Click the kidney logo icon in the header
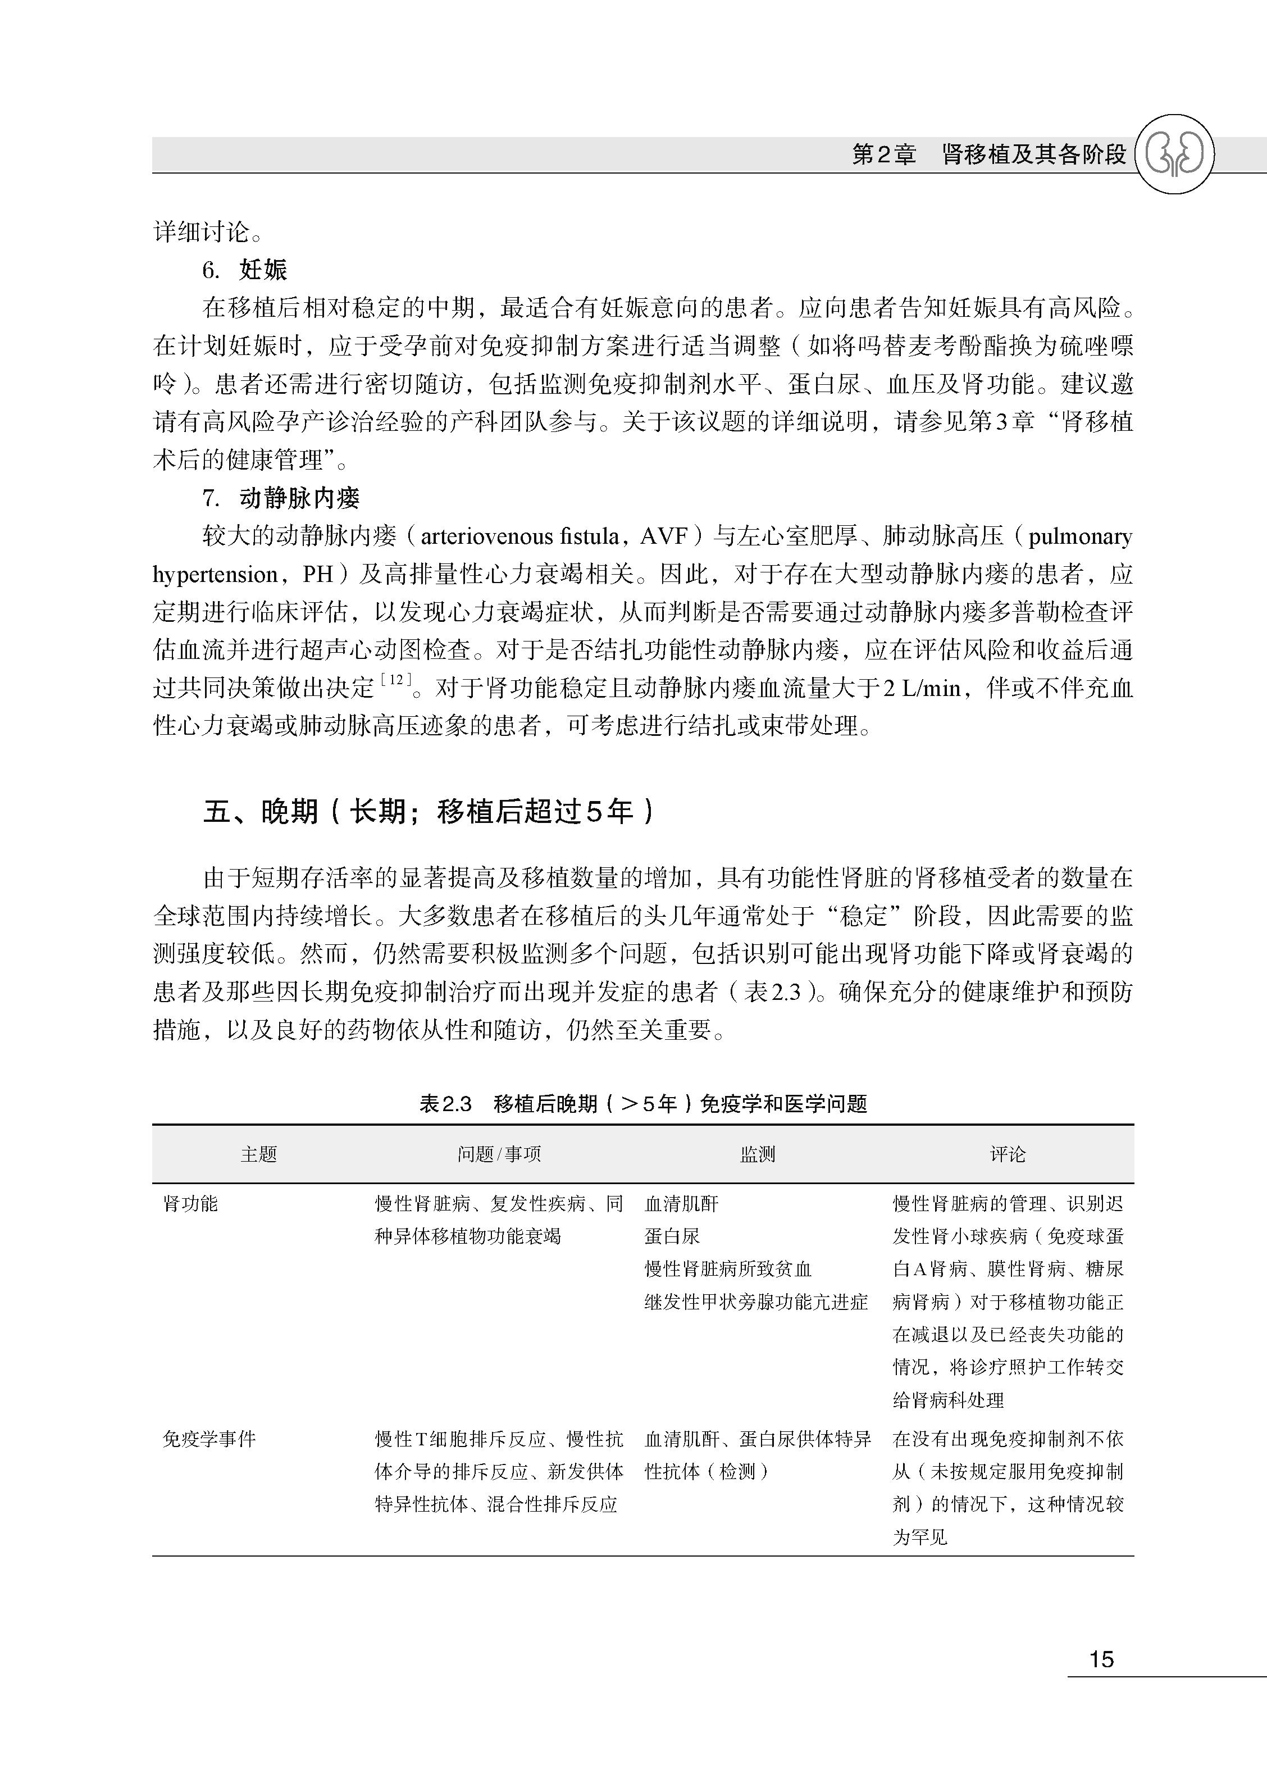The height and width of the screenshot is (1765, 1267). (1174, 154)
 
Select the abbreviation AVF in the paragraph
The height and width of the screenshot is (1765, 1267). (664, 536)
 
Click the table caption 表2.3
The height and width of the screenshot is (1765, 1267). (445, 1103)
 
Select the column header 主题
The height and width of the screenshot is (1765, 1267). (258, 1154)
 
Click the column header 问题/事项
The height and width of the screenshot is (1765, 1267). (499, 1154)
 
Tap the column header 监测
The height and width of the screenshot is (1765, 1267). (757, 1154)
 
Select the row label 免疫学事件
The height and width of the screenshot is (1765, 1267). (208, 1439)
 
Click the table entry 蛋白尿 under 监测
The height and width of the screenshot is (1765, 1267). (672, 1236)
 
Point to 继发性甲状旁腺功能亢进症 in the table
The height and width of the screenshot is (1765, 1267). (756, 1302)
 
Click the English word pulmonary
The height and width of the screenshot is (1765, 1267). (1079, 536)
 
